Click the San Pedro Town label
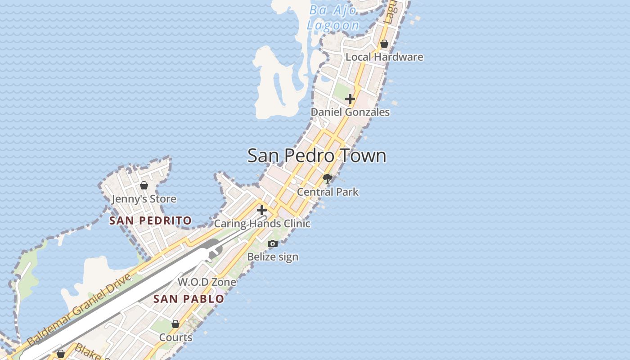317,156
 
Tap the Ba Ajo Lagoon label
333,18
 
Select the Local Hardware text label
384,57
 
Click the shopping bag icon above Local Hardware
384,44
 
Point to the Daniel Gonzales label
351,112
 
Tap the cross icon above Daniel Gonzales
350,99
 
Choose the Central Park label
328,192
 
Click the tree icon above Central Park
328,178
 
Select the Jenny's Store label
144,199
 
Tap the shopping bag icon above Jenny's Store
144,185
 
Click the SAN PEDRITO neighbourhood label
151,220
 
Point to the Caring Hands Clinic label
262,224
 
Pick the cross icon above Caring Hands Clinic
262,210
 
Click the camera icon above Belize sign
273,243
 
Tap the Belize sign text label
273,257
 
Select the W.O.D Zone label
207,282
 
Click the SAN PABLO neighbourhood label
189,299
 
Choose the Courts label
175,337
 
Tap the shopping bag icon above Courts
175,324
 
